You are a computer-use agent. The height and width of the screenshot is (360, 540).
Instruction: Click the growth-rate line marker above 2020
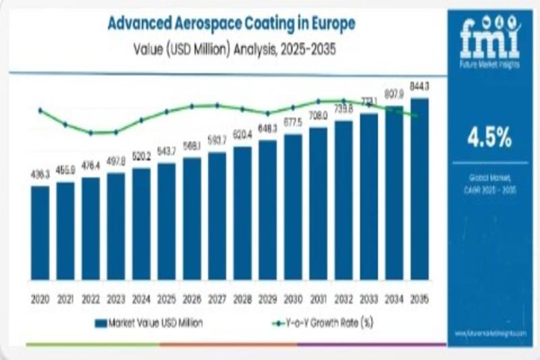[x=40, y=110]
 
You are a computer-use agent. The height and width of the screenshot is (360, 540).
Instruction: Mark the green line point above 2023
[x=116, y=132]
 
